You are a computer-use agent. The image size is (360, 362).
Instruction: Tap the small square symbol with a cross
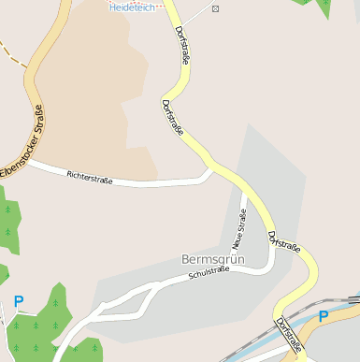pyautogui.click(x=216, y=8)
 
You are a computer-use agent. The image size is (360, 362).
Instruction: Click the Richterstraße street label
pyautogui.click(x=90, y=177)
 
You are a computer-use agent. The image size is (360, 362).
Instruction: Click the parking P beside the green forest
pyautogui.click(x=18, y=301)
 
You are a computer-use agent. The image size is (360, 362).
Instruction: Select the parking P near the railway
pyautogui.click(x=323, y=316)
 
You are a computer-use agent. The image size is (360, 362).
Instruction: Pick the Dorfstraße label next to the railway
pyautogui.click(x=289, y=337)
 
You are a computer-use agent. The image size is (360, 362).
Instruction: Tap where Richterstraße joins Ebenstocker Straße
pyautogui.click(x=32, y=161)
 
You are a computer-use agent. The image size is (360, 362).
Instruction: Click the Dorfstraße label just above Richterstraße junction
pyautogui.click(x=173, y=119)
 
